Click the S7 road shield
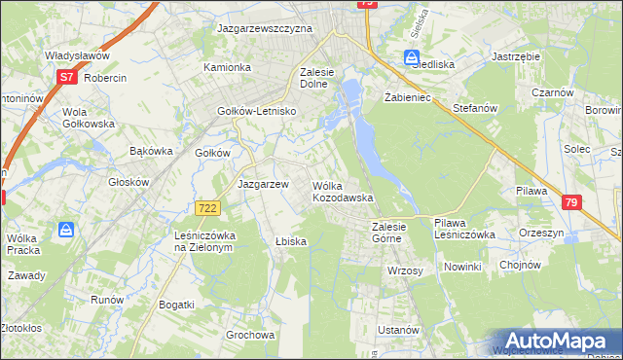click(66, 76)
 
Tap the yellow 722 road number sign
click(206, 208)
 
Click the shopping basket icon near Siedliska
click(412, 58)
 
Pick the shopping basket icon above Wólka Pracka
click(66, 230)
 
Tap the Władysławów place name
click(75, 56)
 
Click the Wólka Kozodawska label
click(343, 191)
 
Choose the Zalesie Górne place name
click(395, 233)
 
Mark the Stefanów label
click(476, 109)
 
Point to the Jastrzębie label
click(517, 57)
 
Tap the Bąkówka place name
click(151, 151)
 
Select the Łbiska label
click(291, 241)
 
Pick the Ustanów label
click(398, 330)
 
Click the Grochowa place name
click(250, 335)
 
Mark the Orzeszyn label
click(543, 234)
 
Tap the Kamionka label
click(227, 67)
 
